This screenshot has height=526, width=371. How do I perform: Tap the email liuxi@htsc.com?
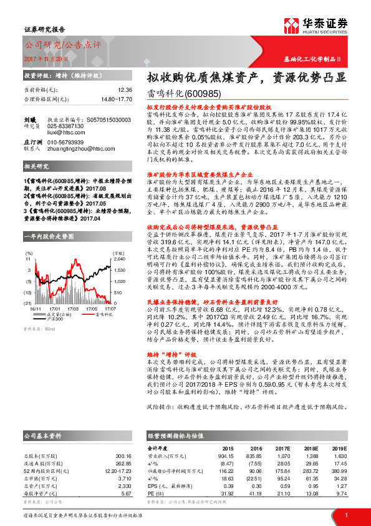(63, 132)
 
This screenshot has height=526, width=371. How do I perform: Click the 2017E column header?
(283, 448)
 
